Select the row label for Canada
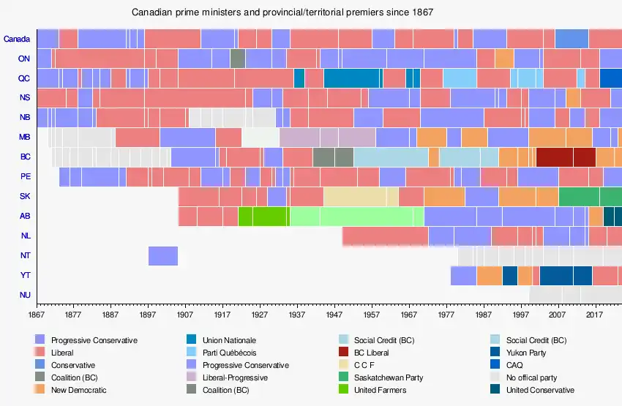click(17, 39)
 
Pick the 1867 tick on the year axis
click(36, 315)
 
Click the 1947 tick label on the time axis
click(334, 315)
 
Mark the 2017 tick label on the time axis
click(596, 315)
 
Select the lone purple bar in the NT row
click(162, 255)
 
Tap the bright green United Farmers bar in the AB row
click(263, 216)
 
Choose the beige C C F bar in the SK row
click(361, 196)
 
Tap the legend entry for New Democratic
click(78, 390)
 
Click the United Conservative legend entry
click(540, 390)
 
